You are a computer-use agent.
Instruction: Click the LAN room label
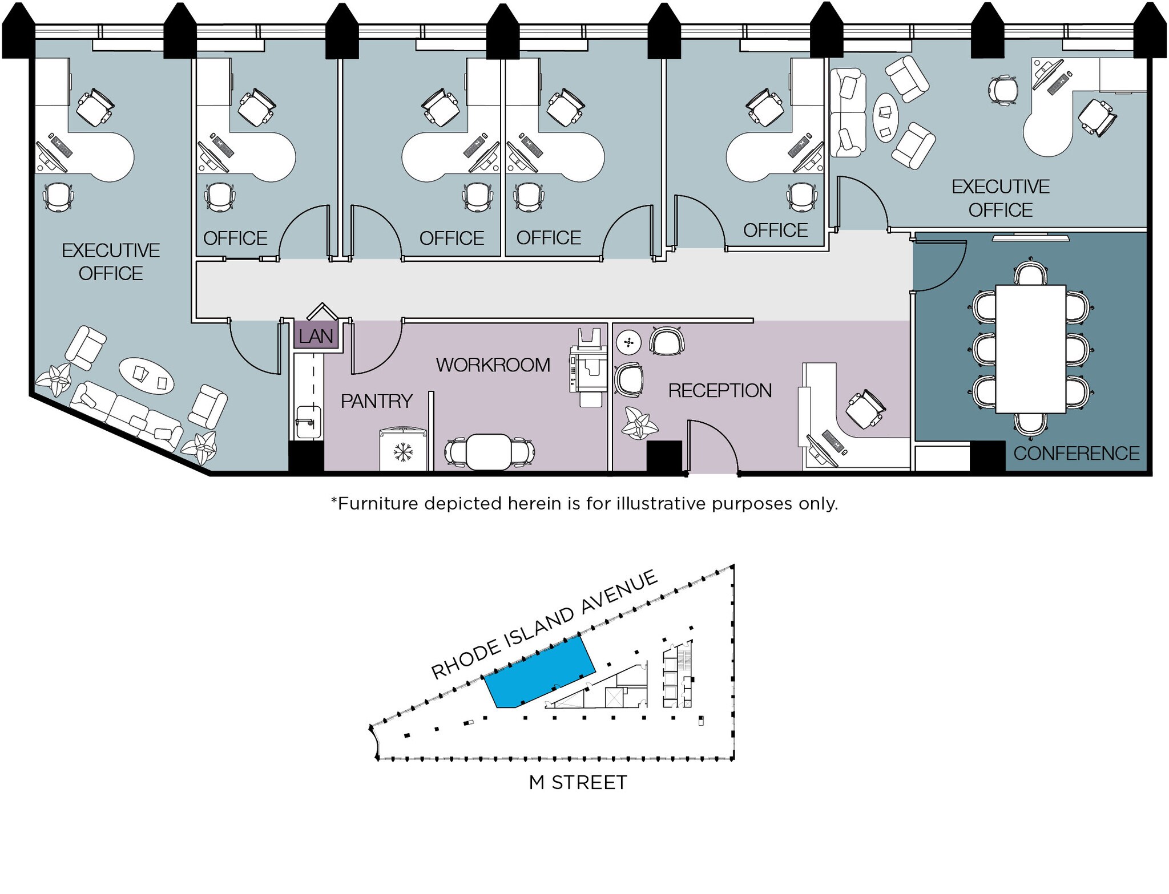[x=316, y=337]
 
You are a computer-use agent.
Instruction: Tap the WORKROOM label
[x=493, y=365]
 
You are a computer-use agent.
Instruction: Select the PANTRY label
[x=376, y=402]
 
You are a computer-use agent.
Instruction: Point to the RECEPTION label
[x=720, y=391]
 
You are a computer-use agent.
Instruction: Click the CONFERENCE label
[x=1076, y=454]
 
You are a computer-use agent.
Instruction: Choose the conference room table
[x=1031, y=349]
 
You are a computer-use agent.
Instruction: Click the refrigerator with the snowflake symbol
[x=404, y=451]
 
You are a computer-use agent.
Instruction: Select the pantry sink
[x=308, y=422]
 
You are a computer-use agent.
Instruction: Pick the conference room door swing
[x=939, y=265]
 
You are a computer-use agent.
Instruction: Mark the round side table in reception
[x=629, y=342]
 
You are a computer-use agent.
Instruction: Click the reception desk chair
[x=865, y=408]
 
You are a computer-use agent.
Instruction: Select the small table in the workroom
[x=489, y=451]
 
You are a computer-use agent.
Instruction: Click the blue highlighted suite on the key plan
[x=539, y=673]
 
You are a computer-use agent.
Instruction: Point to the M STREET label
[x=578, y=782]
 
